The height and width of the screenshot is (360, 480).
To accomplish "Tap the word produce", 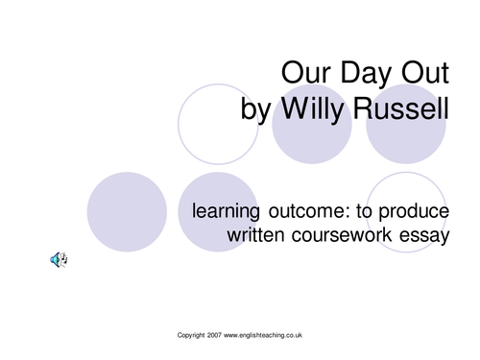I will point(415,210).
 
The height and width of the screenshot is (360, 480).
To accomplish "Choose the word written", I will point(257,235).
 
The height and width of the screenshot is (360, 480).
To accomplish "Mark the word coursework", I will point(348,235).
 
